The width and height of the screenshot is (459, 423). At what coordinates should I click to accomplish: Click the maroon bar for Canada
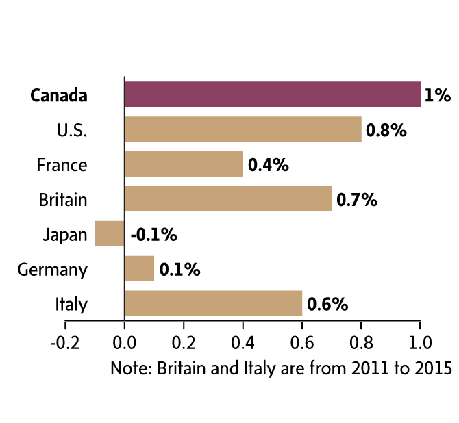click(272, 94)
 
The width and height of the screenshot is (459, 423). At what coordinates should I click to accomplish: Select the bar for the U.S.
click(243, 129)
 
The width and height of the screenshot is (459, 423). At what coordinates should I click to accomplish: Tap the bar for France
click(184, 164)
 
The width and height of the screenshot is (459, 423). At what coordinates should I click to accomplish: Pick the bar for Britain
click(228, 199)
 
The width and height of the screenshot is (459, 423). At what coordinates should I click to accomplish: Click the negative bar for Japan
click(110, 234)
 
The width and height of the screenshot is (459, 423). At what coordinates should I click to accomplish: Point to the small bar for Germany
click(140, 269)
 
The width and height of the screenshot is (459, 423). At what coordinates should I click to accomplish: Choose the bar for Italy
click(213, 304)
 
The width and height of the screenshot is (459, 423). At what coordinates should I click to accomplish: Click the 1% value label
click(438, 95)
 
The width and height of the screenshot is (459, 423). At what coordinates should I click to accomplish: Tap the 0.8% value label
click(386, 130)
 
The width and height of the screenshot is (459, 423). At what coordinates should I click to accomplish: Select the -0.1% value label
click(153, 235)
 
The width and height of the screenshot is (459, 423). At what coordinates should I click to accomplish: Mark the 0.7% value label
click(357, 200)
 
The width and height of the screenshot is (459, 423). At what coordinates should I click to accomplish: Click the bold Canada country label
click(59, 95)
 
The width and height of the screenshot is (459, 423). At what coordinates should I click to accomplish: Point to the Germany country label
click(53, 270)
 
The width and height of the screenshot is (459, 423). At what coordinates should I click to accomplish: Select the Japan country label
click(65, 235)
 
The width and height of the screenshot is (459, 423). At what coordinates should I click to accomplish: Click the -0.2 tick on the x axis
click(66, 341)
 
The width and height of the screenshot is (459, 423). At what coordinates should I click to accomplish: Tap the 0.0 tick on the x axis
click(125, 341)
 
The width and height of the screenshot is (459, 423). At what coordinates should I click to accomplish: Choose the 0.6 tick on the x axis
click(302, 341)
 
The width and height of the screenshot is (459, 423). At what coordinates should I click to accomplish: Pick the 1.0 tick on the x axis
click(420, 341)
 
